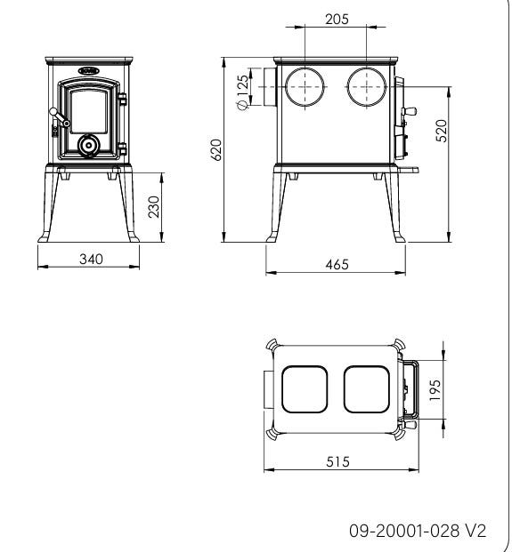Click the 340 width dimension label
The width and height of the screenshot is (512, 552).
coord(91,259)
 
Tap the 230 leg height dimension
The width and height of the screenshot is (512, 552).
coord(154,207)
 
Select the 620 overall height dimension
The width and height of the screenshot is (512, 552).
coord(216,150)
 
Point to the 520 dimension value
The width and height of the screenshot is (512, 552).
coord(441,131)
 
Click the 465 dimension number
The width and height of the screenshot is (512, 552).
coord(337,264)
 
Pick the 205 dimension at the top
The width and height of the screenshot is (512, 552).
coord(337,19)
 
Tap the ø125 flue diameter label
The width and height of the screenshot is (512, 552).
coord(242,92)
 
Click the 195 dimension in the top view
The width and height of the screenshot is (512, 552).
coord(435,389)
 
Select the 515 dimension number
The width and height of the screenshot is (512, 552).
coord(337,461)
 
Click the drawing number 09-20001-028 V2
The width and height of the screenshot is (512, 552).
coord(418,531)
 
